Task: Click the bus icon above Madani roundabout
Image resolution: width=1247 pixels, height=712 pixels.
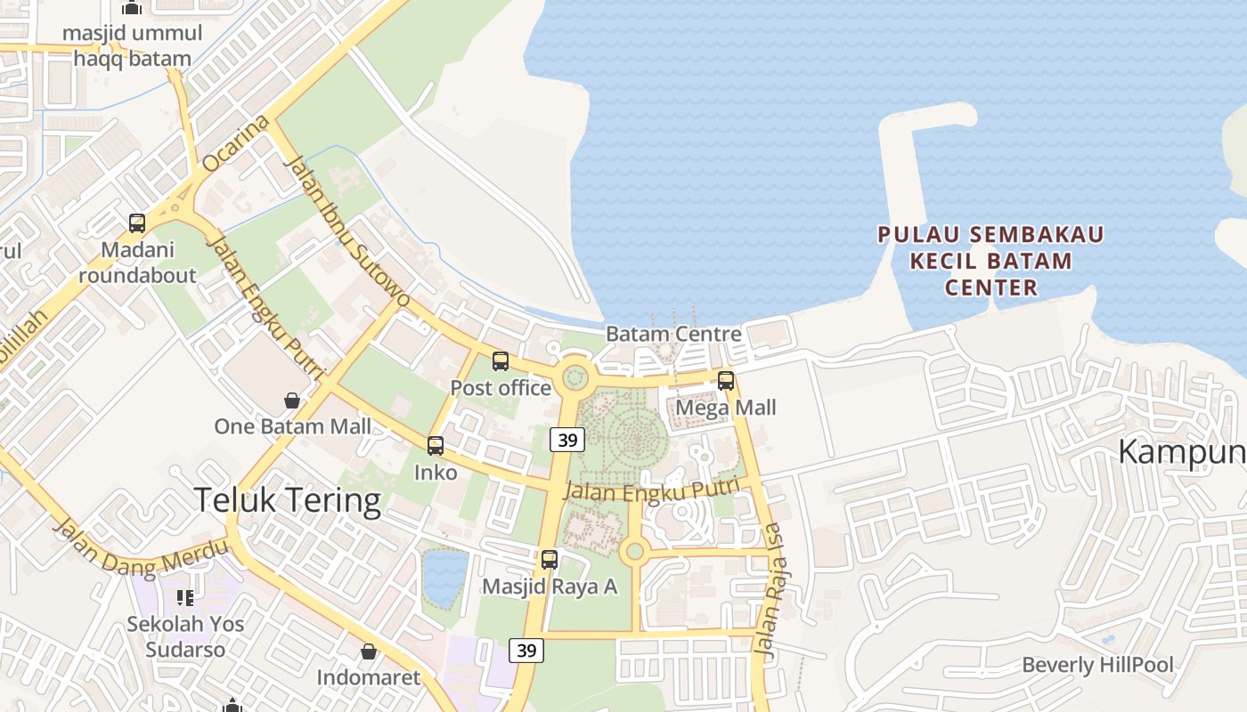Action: point(137,223)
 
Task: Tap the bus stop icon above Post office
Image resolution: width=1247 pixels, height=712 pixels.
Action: point(501,361)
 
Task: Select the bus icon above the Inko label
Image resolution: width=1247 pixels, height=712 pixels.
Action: point(436,446)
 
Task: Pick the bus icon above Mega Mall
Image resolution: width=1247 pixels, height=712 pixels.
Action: point(726,381)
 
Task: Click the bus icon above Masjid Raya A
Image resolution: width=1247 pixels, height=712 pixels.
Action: point(550,560)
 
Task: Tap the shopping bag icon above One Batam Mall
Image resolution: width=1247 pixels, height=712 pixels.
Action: point(292,400)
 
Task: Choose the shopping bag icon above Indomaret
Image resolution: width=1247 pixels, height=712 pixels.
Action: point(369,652)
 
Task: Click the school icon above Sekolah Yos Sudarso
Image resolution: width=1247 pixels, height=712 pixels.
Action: point(185,597)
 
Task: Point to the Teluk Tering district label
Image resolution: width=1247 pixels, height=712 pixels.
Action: point(287,500)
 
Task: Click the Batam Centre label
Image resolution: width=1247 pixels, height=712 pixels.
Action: point(673,334)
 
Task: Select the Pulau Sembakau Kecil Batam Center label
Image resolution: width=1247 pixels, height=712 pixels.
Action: point(990,261)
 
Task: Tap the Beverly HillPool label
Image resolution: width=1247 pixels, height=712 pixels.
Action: point(1097,665)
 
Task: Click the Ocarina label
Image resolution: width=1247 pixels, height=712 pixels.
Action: point(236,143)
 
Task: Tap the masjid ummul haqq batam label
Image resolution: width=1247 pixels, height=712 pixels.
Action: point(132,46)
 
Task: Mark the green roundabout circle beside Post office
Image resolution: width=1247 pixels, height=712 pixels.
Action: point(575,378)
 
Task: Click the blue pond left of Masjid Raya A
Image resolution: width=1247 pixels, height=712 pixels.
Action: point(444,577)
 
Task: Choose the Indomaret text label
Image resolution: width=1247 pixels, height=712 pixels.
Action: point(369,678)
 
